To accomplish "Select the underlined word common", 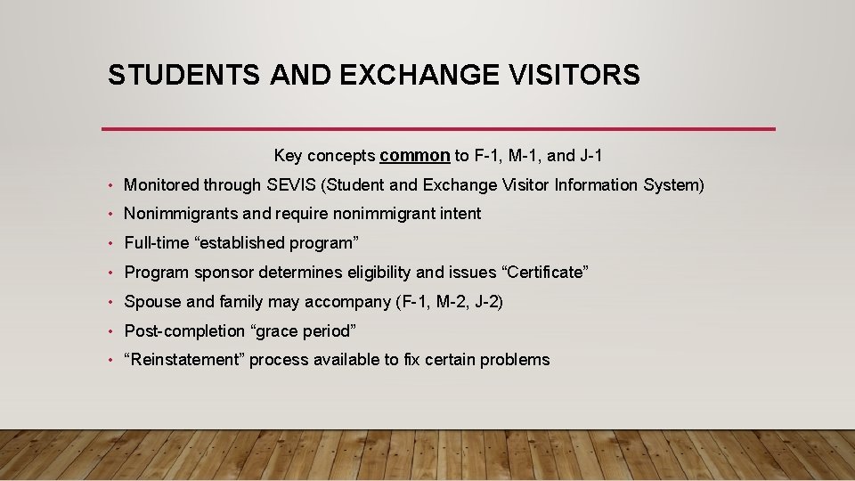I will coord(414,156).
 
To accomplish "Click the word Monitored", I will coord(161,185).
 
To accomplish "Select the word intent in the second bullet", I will coord(459,214).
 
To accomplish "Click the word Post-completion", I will coord(184,331).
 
